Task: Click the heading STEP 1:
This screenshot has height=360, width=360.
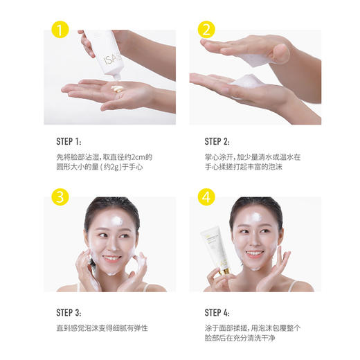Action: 68,140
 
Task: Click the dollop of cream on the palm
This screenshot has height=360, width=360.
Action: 116,89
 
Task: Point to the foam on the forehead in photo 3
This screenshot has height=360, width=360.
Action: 109,220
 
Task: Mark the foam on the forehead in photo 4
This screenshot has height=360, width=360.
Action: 255,217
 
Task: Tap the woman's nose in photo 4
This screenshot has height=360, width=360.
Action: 256,244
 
